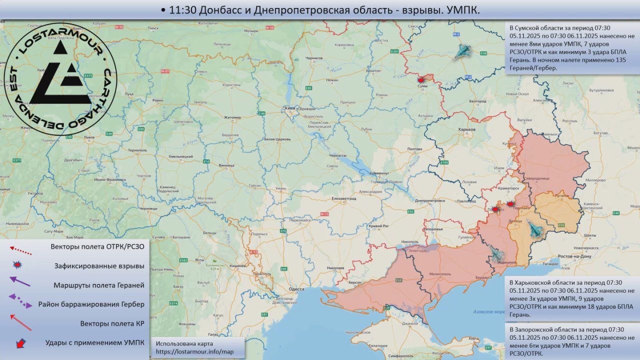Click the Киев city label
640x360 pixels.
[289, 108]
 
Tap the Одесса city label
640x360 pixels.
[296, 289]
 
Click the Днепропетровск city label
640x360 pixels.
[430, 200]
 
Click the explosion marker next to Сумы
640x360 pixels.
[421, 79]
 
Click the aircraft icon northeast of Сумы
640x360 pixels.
[462, 51]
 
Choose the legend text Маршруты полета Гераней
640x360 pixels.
[99, 285]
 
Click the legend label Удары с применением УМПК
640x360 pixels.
[94, 342]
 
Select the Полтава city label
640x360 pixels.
[414, 149]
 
